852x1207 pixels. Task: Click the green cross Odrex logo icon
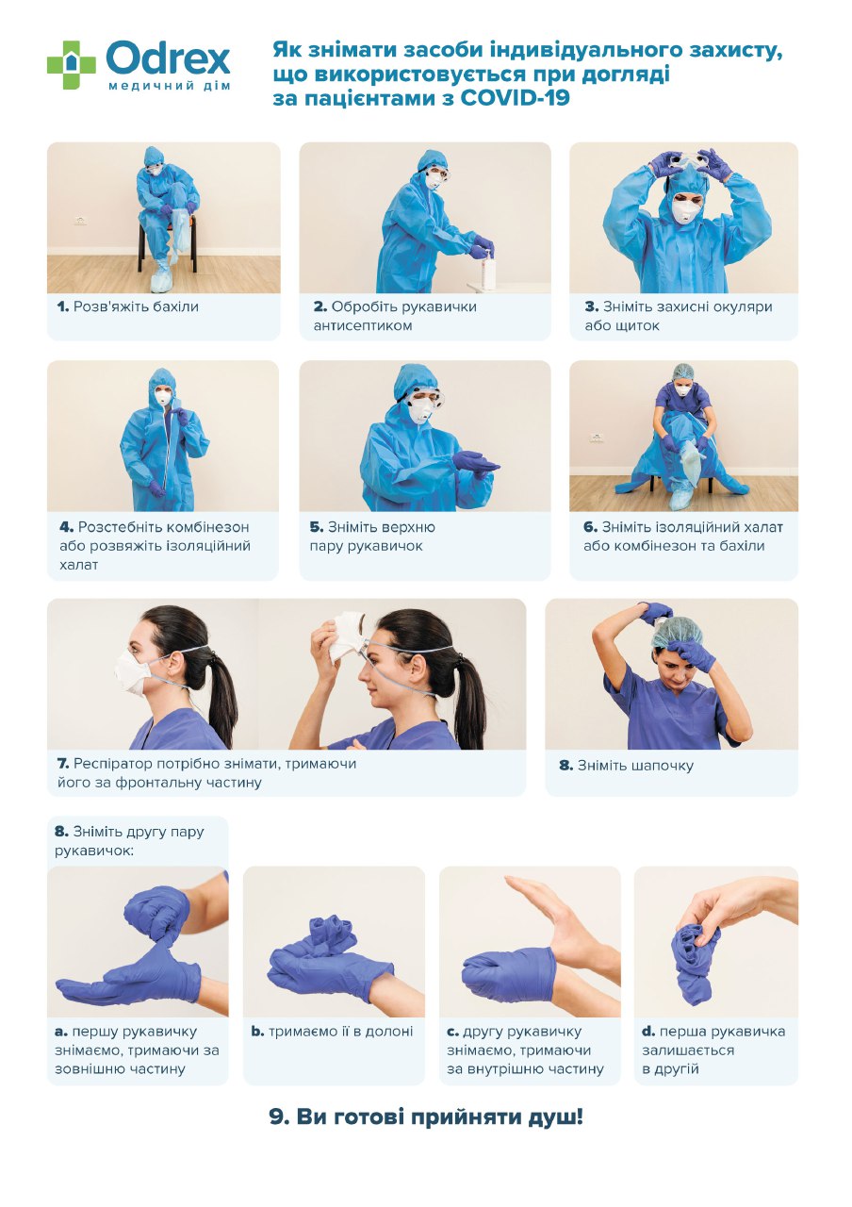coord(71,64)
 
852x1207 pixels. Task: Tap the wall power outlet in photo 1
coord(80,220)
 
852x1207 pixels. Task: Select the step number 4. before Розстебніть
coord(66,526)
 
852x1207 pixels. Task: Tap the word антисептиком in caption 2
coord(363,325)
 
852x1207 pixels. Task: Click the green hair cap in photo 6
coord(682,371)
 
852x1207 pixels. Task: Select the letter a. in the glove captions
coord(61,1032)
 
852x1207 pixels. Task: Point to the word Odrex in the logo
coord(168,58)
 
